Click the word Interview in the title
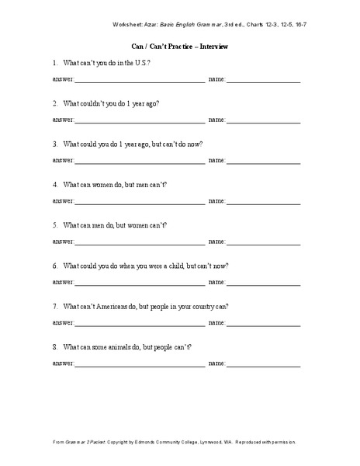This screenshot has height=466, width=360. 213,47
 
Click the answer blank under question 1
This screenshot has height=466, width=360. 140,80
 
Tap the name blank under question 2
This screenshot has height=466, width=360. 263,120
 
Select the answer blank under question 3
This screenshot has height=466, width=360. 140,160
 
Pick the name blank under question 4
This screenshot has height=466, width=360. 263,200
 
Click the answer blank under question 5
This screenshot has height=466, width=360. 140,241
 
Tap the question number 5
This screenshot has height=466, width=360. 55,224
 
